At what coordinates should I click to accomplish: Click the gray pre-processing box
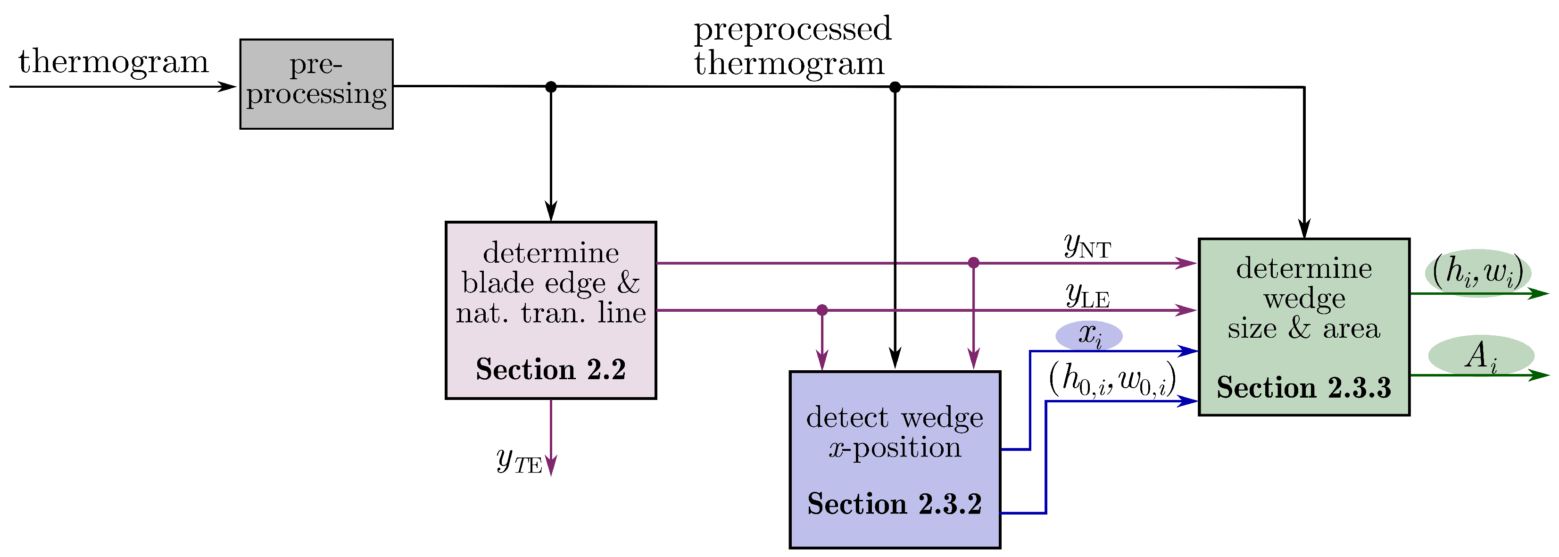[316, 83]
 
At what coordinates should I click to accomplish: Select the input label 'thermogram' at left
[113, 62]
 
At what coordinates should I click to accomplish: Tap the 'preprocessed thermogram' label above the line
[792, 46]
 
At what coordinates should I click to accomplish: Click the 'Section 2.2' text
[550, 369]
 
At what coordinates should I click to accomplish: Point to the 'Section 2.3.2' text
[894, 504]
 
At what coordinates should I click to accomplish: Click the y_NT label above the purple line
[1087, 246]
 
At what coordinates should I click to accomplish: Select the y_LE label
[1087, 296]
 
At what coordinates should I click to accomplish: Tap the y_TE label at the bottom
[519, 461]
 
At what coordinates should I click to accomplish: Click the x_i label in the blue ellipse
[1089, 335]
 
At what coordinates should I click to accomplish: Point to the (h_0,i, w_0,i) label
[1112, 380]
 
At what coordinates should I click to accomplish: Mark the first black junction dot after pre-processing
[550, 87]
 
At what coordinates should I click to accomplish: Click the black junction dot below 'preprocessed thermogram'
[895, 87]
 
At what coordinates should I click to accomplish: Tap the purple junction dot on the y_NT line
[973, 263]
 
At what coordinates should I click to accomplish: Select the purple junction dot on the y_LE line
[821, 310]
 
